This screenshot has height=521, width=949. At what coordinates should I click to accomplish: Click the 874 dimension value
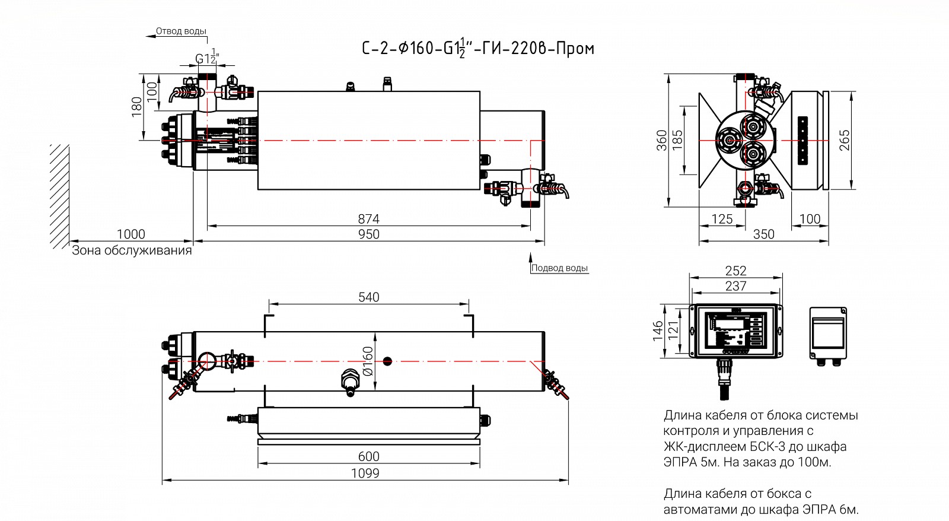click(368, 219)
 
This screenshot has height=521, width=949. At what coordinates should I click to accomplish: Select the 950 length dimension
click(368, 234)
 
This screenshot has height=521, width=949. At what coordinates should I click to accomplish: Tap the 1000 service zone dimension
click(131, 234)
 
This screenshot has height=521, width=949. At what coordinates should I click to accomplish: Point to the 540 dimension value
click(368, 297)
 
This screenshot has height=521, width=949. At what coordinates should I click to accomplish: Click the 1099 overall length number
click(365, 473)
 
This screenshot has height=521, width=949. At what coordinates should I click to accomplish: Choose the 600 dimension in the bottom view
click(368, 456)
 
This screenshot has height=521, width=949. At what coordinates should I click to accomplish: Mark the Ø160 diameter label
click(368, 361)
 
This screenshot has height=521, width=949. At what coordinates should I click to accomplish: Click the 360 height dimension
click(662, 140)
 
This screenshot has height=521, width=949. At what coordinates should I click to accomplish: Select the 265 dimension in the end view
click(845, 140)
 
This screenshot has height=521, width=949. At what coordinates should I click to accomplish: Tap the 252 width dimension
click(735, 271)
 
